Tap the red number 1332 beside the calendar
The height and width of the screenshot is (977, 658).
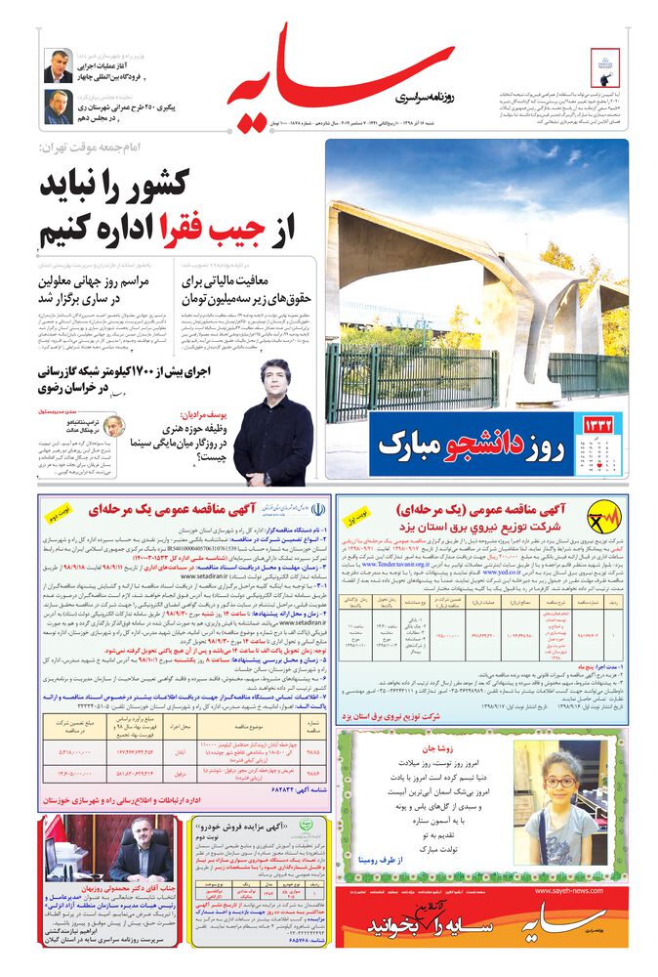click(x=599, y=425)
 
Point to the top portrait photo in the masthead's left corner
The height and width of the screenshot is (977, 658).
click(x=58, y=65)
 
